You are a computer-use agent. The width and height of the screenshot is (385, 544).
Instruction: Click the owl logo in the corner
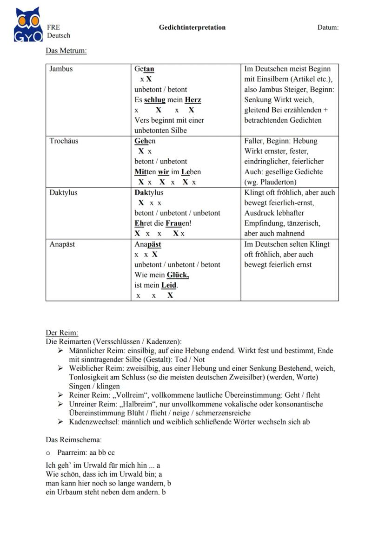click(x=28, y=25)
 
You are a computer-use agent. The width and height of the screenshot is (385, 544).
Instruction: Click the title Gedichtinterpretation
click(x=192, y=27)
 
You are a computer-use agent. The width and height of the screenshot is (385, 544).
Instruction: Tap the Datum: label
click(x=328, y=27)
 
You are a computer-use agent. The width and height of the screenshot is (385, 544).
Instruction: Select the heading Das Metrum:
click(x=66, y=51)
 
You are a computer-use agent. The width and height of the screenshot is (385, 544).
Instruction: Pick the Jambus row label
click(x=61, y=69)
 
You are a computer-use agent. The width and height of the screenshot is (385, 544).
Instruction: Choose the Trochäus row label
click(x=64, y=141)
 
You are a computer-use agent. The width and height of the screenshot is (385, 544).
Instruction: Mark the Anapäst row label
click(x=62, y=244)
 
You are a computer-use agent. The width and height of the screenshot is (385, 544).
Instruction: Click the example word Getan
click(x=144, y=69)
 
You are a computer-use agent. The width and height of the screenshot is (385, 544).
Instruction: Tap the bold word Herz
click(x=193, y=100)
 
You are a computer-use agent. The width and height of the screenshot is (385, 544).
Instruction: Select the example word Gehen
click(x=145, y=141)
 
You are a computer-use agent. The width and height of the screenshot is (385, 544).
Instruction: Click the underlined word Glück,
click(x=178, y=275)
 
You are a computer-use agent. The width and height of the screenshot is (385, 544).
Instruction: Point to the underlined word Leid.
click(x=169, y=285)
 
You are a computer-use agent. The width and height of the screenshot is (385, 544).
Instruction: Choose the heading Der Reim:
click(x=62, y=333)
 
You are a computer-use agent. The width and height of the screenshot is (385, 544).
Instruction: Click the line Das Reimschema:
click(x=73, y=439)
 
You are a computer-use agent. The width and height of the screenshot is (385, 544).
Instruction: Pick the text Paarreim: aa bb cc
click(x=86, y=452)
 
